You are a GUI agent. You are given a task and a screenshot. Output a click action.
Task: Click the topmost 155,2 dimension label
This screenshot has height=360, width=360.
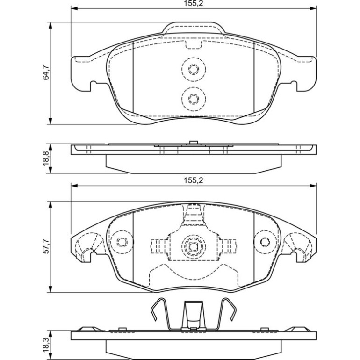pos(193,4)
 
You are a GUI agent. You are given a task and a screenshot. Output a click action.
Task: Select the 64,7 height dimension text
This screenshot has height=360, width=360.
pos(46,73)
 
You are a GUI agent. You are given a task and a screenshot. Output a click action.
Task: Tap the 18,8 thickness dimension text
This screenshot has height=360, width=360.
pos(46,158)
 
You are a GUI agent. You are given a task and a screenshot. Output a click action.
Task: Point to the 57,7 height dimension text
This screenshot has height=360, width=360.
pos(46,246)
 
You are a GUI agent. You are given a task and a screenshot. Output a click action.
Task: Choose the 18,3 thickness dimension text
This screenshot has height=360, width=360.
pos(46,345)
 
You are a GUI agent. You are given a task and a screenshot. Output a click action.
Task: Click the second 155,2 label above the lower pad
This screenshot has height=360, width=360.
pos(193,180)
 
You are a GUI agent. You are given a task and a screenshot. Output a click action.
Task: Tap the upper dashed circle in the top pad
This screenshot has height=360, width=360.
pos(193,69)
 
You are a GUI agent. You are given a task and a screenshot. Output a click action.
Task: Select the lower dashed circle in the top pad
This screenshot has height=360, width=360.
pos(193,99)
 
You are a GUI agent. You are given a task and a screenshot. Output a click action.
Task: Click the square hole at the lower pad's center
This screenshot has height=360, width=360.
pos(193,246)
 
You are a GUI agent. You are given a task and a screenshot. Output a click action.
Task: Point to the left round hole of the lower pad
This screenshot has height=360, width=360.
pos(122,242)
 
